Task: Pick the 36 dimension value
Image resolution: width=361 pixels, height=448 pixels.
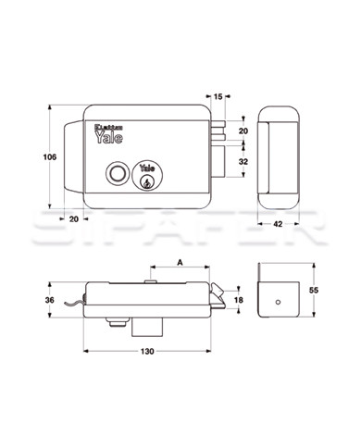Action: click(x=49, y=300)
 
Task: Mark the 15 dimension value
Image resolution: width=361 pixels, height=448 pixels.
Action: click(x=218, y=95)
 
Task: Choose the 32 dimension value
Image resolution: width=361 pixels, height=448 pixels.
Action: click(x=243, y=161)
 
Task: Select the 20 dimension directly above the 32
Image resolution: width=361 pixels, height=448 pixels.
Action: click(x=243, y=131)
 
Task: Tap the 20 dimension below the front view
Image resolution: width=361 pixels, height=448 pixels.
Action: click(x=74, y=218)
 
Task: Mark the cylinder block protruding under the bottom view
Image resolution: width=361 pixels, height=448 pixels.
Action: click(x=148, y=327)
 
